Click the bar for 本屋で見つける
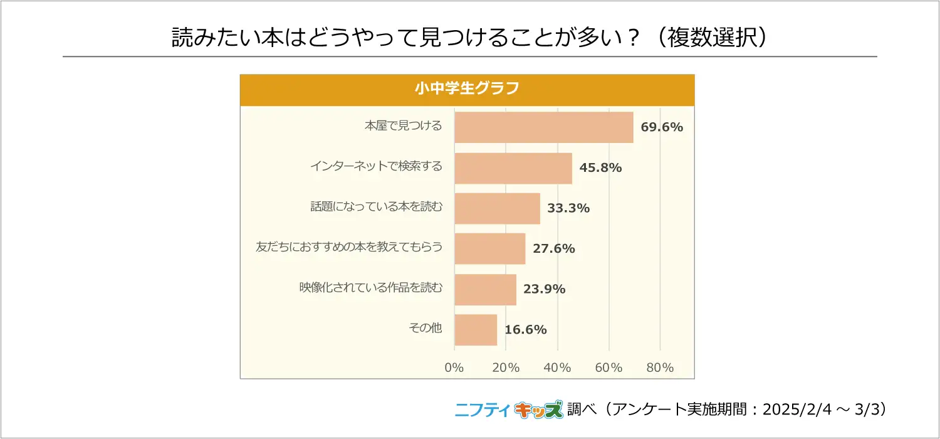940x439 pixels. coord(543,127)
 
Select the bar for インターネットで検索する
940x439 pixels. coord(513,168)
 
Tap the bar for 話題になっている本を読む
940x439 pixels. coord(497,208)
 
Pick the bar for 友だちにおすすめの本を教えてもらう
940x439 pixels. coord(489,249)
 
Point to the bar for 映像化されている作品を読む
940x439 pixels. coord(485,289)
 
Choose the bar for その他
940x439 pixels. coord(476,330)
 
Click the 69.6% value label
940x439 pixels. coord(662,127)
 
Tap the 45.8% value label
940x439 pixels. coord(600,168)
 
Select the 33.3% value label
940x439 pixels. coord(568,208)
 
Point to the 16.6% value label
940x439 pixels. coord(526,330)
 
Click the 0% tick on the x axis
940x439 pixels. coord(454,368)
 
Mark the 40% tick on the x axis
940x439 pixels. coord(557,368)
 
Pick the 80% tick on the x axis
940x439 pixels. coord(660,368)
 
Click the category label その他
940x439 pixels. coord(425,329)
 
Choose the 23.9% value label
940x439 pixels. coord(545,289)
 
